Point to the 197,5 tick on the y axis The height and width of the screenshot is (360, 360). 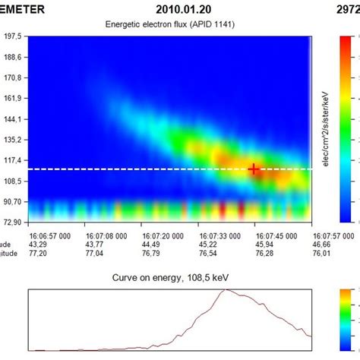coord(13,36)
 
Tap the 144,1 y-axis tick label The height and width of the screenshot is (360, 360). coord(13,118)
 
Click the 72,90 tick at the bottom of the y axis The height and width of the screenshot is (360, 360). coord(13,222)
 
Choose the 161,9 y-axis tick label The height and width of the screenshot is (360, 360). coord(13,98)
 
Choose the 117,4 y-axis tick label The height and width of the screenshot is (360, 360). coord(13,160)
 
